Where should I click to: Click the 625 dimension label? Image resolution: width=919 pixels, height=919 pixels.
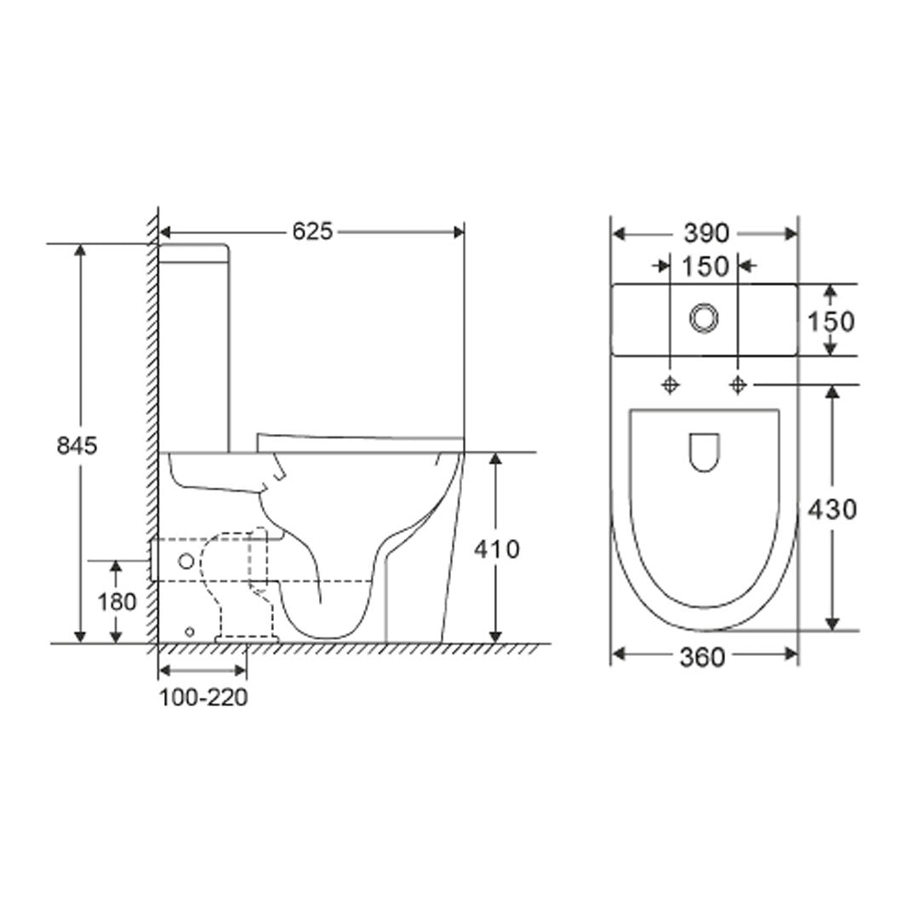[x=312, y=231]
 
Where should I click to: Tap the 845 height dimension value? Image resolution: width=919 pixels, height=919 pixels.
[x=77, y=446]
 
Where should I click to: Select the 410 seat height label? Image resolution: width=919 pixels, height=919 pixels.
[x=496, y=550]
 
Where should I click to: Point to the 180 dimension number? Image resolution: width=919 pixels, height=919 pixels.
[x=117, y=602]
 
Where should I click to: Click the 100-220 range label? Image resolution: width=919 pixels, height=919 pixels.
[x=203, y=698]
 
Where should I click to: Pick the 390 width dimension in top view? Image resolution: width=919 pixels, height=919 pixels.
[x=706, y=234]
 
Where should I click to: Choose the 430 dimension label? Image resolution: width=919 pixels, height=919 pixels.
[x=832, y=510]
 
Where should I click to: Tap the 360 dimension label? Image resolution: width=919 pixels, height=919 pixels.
[x=702, y=658]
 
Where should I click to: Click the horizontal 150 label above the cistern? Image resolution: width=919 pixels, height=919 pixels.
[x=705, y=266]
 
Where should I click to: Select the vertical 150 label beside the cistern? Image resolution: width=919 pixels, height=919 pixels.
[x=831, y=322]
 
